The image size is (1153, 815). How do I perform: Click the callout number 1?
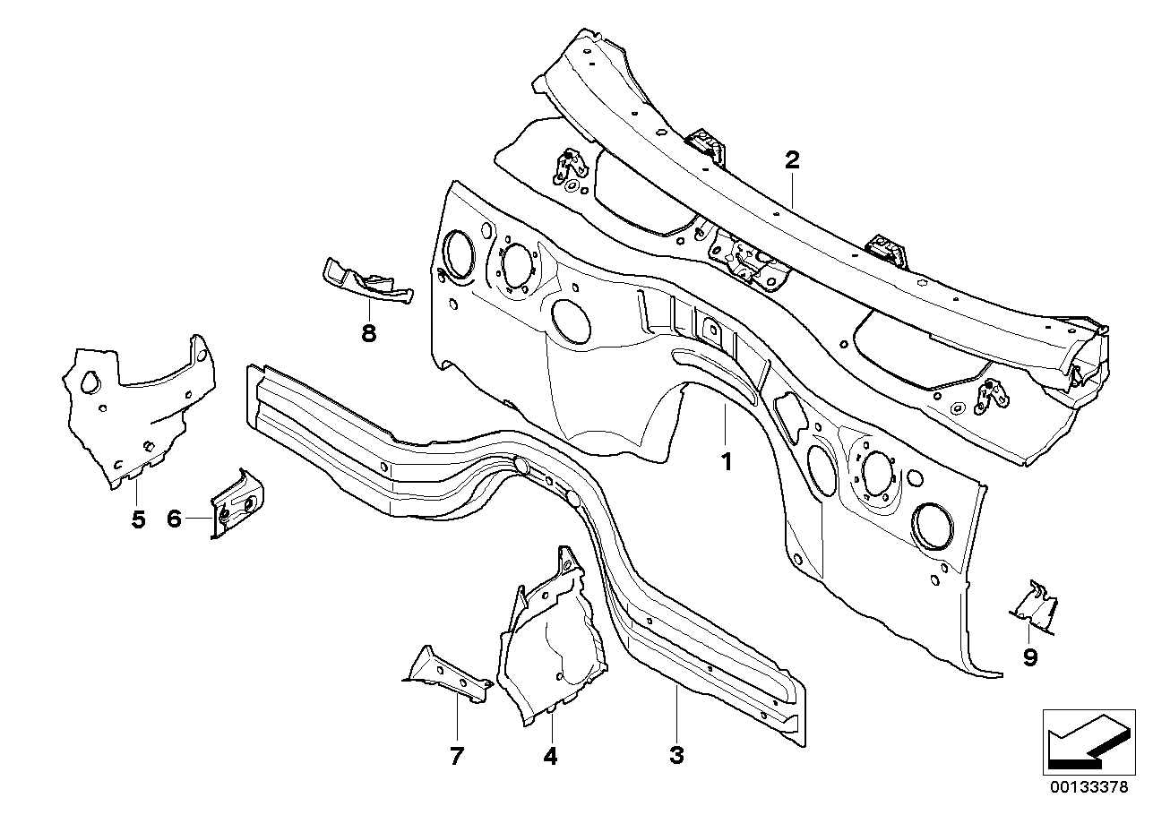727,461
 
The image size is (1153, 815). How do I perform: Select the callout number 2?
792,160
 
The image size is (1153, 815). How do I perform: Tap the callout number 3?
676,755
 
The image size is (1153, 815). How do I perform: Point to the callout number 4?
550,756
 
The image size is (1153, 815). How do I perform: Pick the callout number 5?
138,519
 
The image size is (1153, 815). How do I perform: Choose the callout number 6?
174,519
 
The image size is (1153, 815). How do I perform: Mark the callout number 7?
457,756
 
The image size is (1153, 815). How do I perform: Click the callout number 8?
368,333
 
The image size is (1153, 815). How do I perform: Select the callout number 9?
1030,657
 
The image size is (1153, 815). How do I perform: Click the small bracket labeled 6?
237,502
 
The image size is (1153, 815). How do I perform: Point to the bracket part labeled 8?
366,281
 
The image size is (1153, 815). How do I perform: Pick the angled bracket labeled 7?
447,674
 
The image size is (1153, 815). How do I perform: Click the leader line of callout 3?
677,714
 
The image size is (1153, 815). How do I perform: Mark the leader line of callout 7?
457,717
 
